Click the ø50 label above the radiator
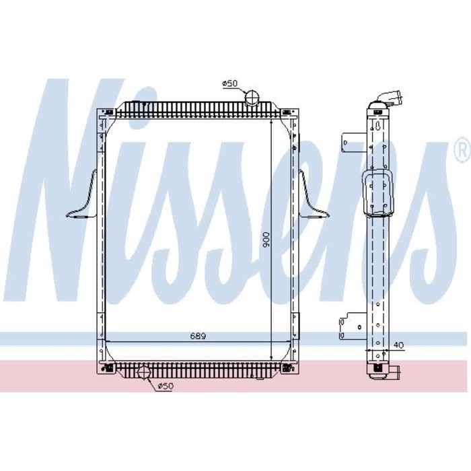click(231, 83)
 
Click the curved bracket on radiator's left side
click(83, 198)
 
